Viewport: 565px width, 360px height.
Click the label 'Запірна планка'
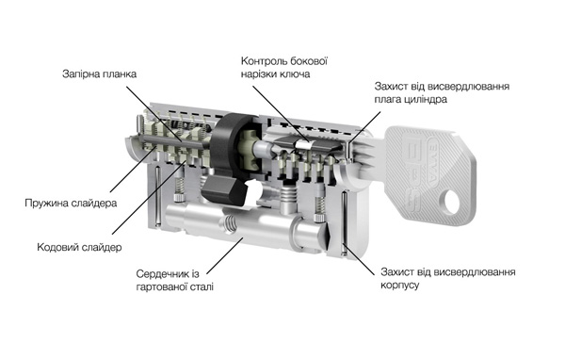(x=100, y=74)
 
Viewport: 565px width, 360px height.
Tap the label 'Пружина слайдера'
(x=71, y=203)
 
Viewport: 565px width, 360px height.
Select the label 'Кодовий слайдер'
(x=79, y=247)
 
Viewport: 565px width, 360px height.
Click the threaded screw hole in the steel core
(x=229, y=224)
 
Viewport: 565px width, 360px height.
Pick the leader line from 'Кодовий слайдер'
(x=149, y=198)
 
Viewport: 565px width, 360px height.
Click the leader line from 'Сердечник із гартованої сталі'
(x=224, y=255)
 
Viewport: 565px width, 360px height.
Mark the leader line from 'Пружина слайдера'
(x=133, y=170)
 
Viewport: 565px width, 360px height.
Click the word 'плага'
(x=386, y=99)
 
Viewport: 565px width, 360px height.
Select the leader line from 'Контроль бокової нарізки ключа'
(x=281, y=113)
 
